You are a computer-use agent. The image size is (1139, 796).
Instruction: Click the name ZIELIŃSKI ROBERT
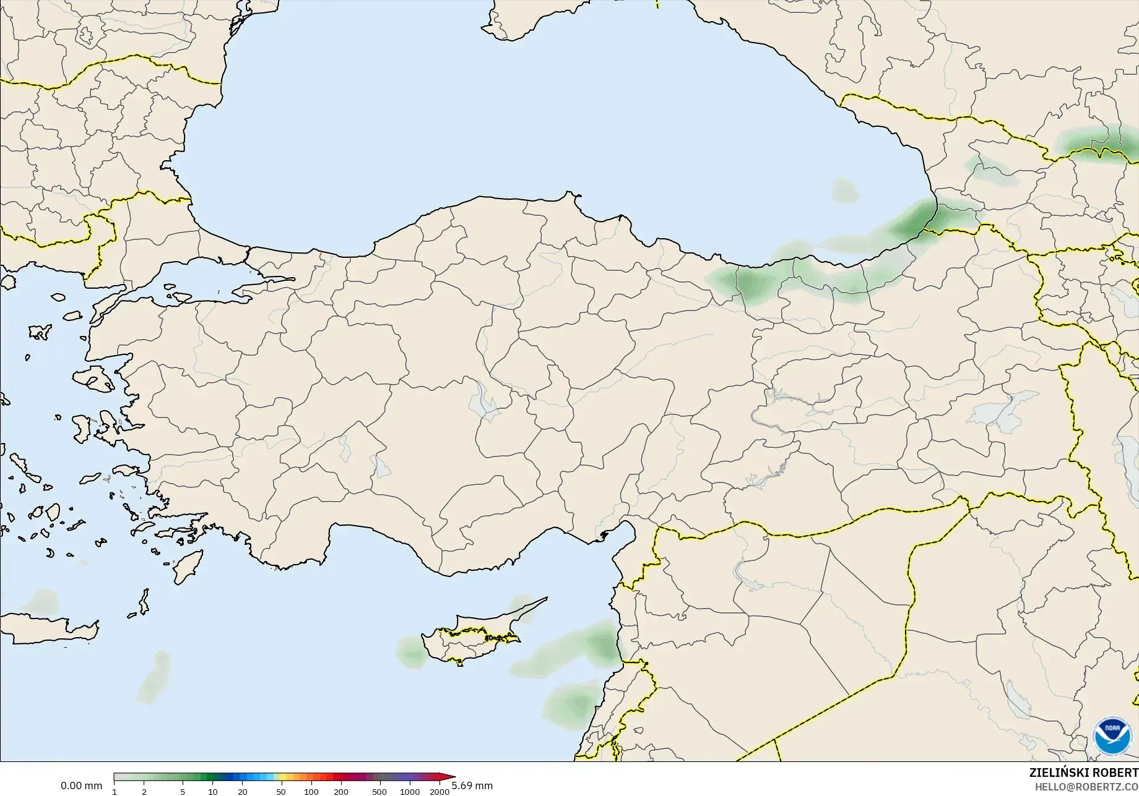[x=1083, y=773]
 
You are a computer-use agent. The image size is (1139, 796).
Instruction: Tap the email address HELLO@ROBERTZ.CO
[x=1086, y=787]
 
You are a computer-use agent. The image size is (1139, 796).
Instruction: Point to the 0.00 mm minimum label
[x=81, y=786]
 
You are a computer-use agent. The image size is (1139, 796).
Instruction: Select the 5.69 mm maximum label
[x=472, y=786]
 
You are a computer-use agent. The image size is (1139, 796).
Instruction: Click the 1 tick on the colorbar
[x=115, y=792]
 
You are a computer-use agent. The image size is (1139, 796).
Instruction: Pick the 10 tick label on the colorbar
[x=212, y=792]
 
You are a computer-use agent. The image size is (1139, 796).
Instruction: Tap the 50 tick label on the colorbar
[x=281, y=792]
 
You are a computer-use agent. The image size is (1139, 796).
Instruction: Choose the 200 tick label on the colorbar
[x=341, y=792]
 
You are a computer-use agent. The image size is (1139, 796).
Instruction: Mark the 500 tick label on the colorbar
[x=379, y=792]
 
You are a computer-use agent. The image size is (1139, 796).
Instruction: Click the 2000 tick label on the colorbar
[x=440, y=792]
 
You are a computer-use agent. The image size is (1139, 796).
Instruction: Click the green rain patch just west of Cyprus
[x=410, y=653]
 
